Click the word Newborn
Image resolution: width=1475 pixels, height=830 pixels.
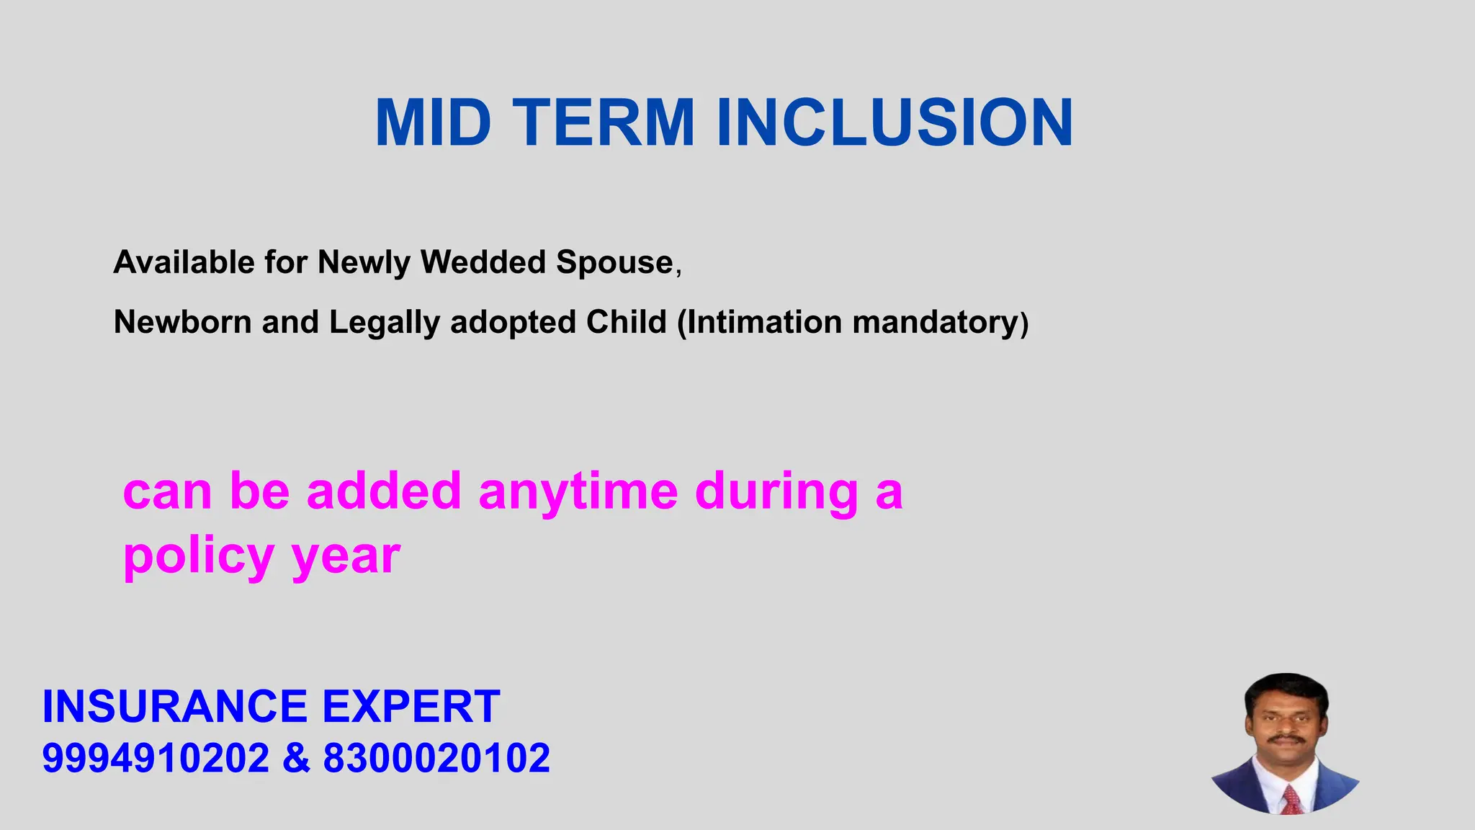coord(182,322)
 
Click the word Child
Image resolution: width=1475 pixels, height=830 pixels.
coord(626,322)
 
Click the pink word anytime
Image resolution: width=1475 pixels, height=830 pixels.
coord(578,491)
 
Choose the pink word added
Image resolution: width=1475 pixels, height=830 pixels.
coord(383,491)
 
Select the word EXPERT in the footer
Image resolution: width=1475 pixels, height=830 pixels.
coord(411,706)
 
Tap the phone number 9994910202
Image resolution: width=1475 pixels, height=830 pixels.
coord(155,758)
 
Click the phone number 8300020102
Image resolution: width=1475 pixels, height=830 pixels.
coord(436,758)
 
